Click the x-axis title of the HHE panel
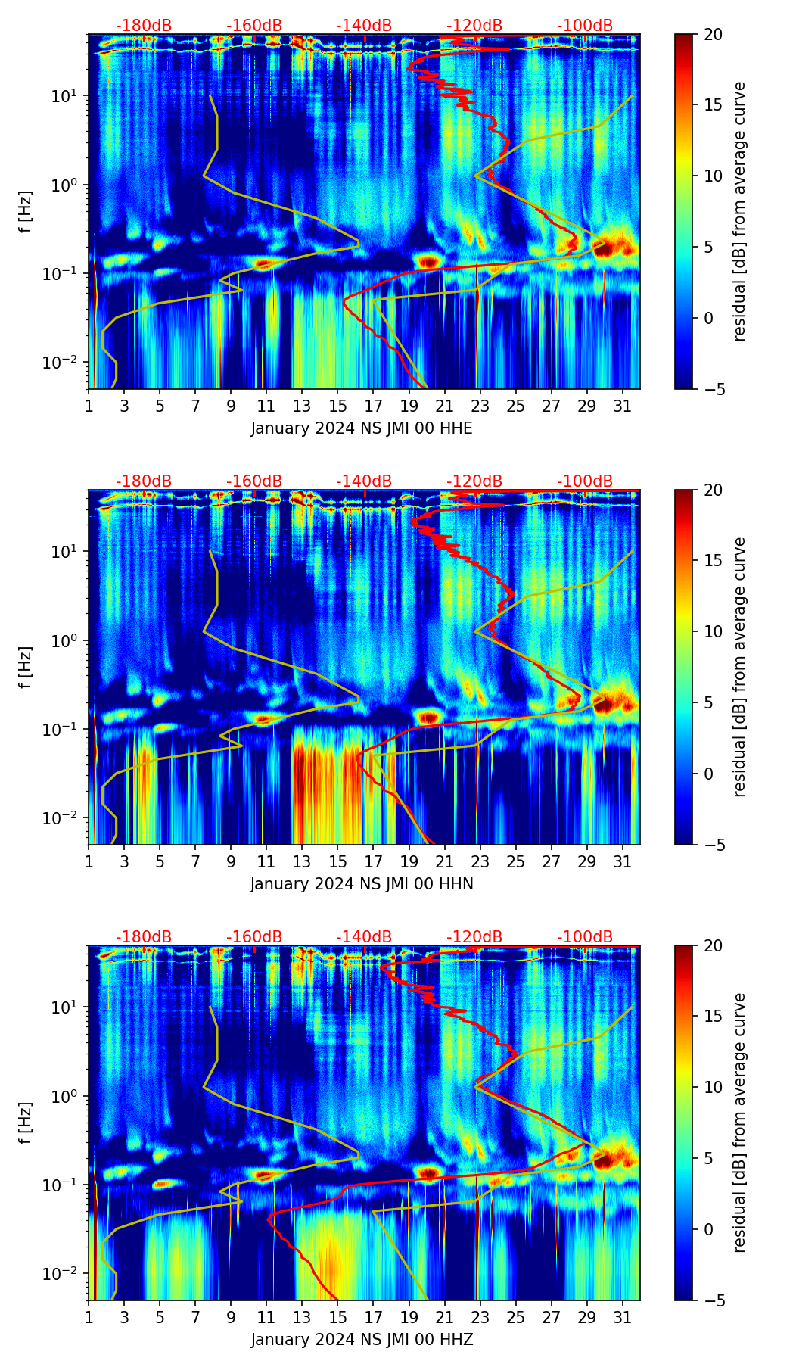pyautogui.click(x=362, y=428)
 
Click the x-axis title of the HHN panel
pyautogui.click(x=362, y=884)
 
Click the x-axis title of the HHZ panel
pyautogui.click(x=362, y=1340)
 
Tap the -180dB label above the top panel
pyautogui.click(x=144, y=26)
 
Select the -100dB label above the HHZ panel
pyautogui.click(x=585, y=937)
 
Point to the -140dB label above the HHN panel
pyautogui.click(x=364, y=481)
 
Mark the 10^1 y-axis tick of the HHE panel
pyautogui.click(x=64, y=96)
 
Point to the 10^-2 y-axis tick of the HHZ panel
pyautogui.click(x=61, y=1274)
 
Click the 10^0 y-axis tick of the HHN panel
pyautogui.click(x=64, y=640)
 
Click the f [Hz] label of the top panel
pyautogui.click(x=26, y=212)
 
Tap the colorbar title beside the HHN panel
pyautogui.click(x=740, y=667)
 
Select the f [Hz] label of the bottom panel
pyautogui.click(x=26, y=1123)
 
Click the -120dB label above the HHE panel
pyautogui.click(x=474, y=26)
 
